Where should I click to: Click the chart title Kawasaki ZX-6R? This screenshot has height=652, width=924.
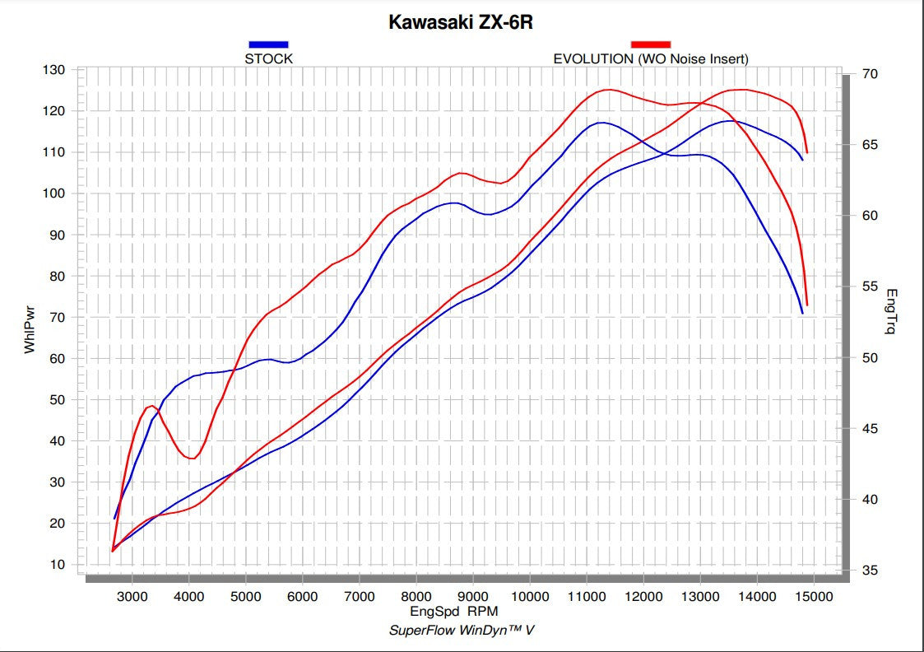coord(461,22)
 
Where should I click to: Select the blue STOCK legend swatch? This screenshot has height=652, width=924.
coord(268,44)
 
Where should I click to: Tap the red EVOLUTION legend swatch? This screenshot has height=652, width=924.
coord(651,44)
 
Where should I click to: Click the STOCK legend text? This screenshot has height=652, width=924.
coord(268,58)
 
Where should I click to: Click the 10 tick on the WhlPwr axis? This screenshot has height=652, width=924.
coord(58,565)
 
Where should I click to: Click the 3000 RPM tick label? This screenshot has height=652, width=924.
coord(132,597)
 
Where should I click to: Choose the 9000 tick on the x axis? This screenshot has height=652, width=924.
coord(473,597)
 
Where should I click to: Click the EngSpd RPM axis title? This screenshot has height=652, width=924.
coord(453,612)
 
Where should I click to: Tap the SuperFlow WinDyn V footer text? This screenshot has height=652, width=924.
coord(461,630)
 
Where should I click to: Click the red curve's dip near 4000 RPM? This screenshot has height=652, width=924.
coord(192,459)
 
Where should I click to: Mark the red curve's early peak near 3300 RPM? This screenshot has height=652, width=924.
coord(151,406)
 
